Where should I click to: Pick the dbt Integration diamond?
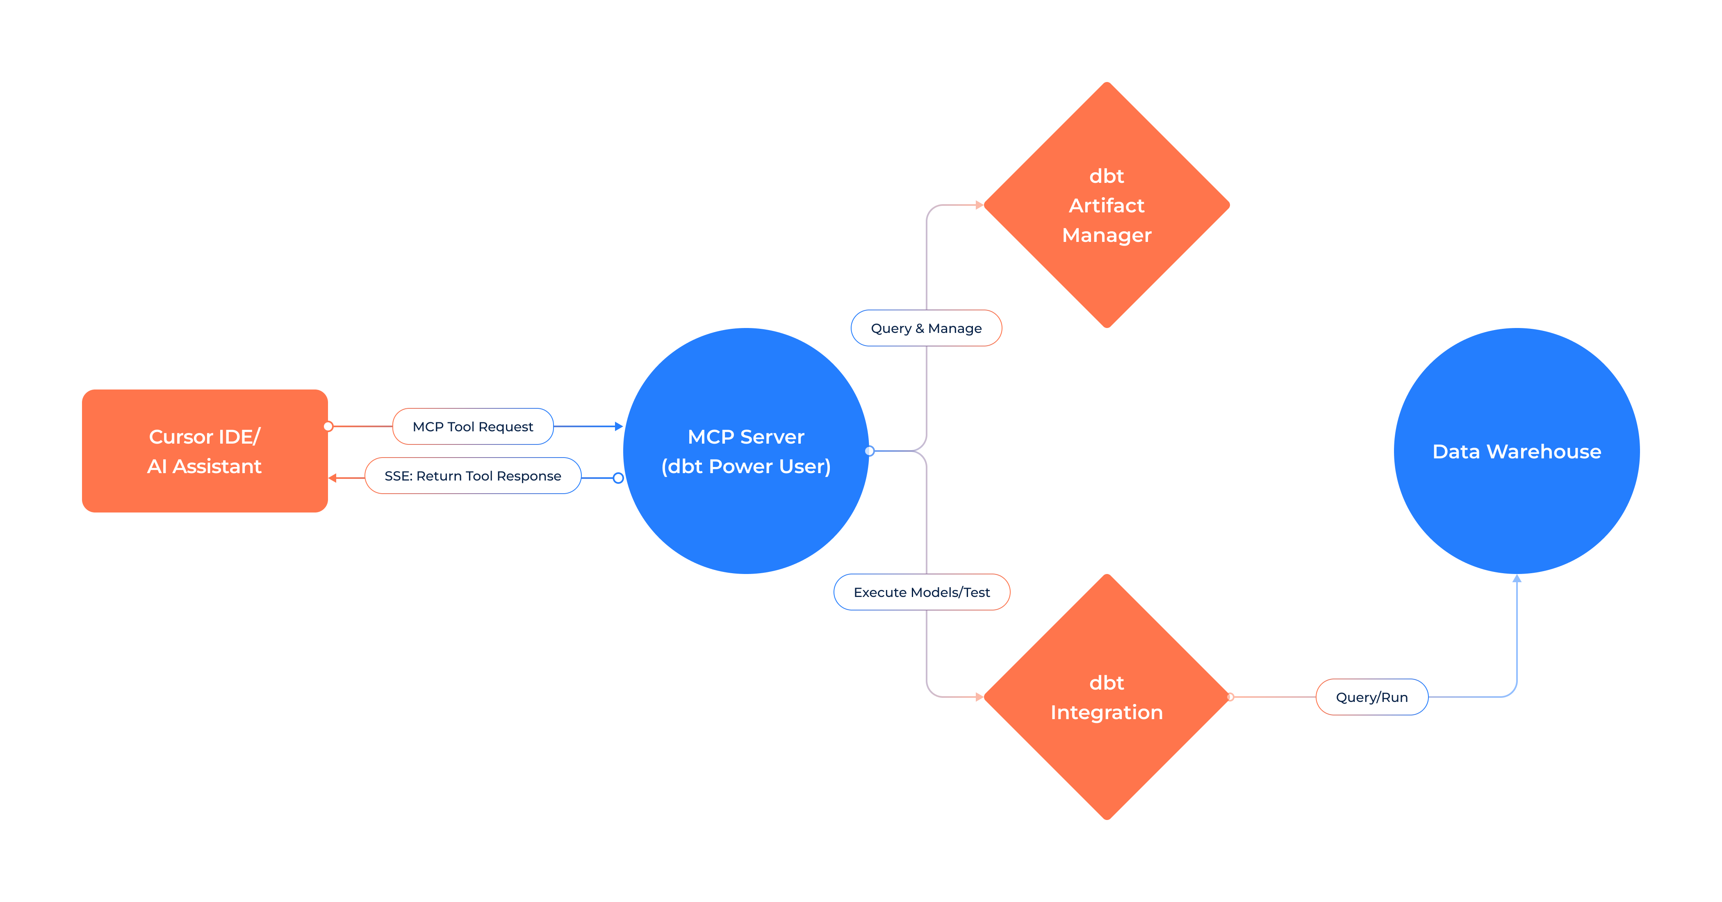click(1107, 697)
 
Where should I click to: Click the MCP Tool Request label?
click(473, 426)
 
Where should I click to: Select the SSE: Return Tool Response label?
click(473, 476)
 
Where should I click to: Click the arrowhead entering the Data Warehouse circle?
click(1517, 579)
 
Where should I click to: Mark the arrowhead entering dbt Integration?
click(979, 697)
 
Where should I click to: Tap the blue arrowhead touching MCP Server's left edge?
click(619, 426)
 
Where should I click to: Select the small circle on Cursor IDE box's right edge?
click(328, 426)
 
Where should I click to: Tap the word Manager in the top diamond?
click(1107, 235)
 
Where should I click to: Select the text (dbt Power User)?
click(746, 466)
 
